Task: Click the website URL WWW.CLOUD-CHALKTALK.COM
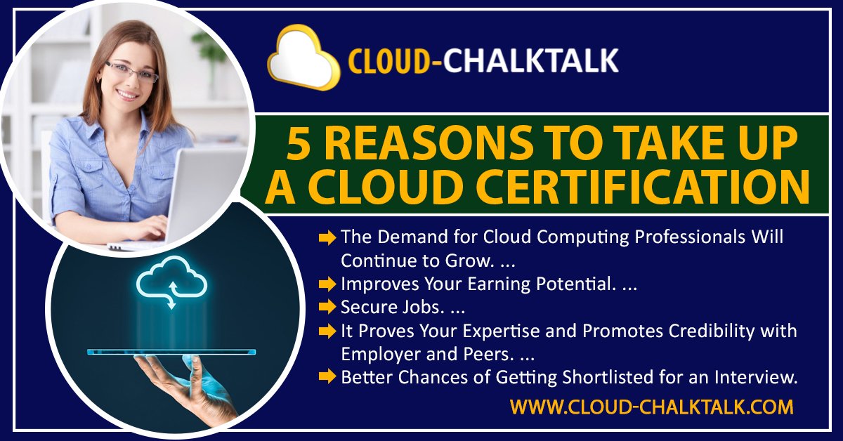pos(651,407)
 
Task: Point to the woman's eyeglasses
pos(131,71)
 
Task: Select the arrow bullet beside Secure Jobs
pos(327,307)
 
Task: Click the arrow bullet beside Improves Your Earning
pos(327,284)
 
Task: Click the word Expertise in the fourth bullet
pos(507,330)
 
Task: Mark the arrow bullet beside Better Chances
pos(327,377)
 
